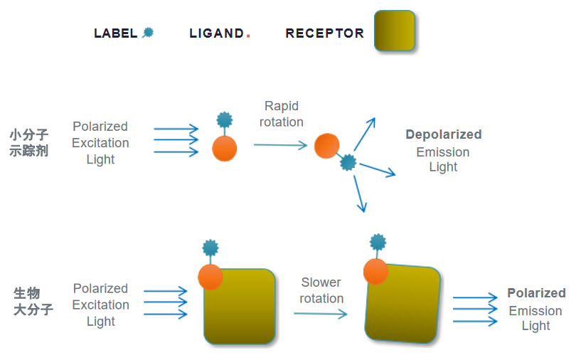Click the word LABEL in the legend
click(x=115, y=33)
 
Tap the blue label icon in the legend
click(x=148, y=33)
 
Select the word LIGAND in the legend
click(x=216, y=33)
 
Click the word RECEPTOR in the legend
click(x=325, y=33)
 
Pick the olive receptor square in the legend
click(x=395, y=31)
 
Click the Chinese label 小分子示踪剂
click(x=29, y=142)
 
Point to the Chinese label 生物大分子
click(x=33, y=301)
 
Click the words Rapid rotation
click(x=282, y=114)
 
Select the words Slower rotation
click(x=321, y=290)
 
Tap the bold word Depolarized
click(x=444, y=134)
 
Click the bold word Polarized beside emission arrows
click(x=536, y=293)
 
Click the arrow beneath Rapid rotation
click(x=280, y=145)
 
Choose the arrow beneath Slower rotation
click(x=320, y=314)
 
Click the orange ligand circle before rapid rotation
click(x=225, y=149)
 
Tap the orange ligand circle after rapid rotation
click(x=326, y=146)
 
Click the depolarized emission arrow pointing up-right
click(x=365, y=134)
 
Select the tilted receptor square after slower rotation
click(x=402, y=303)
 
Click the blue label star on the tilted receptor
click(x=378, y=243)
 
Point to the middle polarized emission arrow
click(x=475, y=309)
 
